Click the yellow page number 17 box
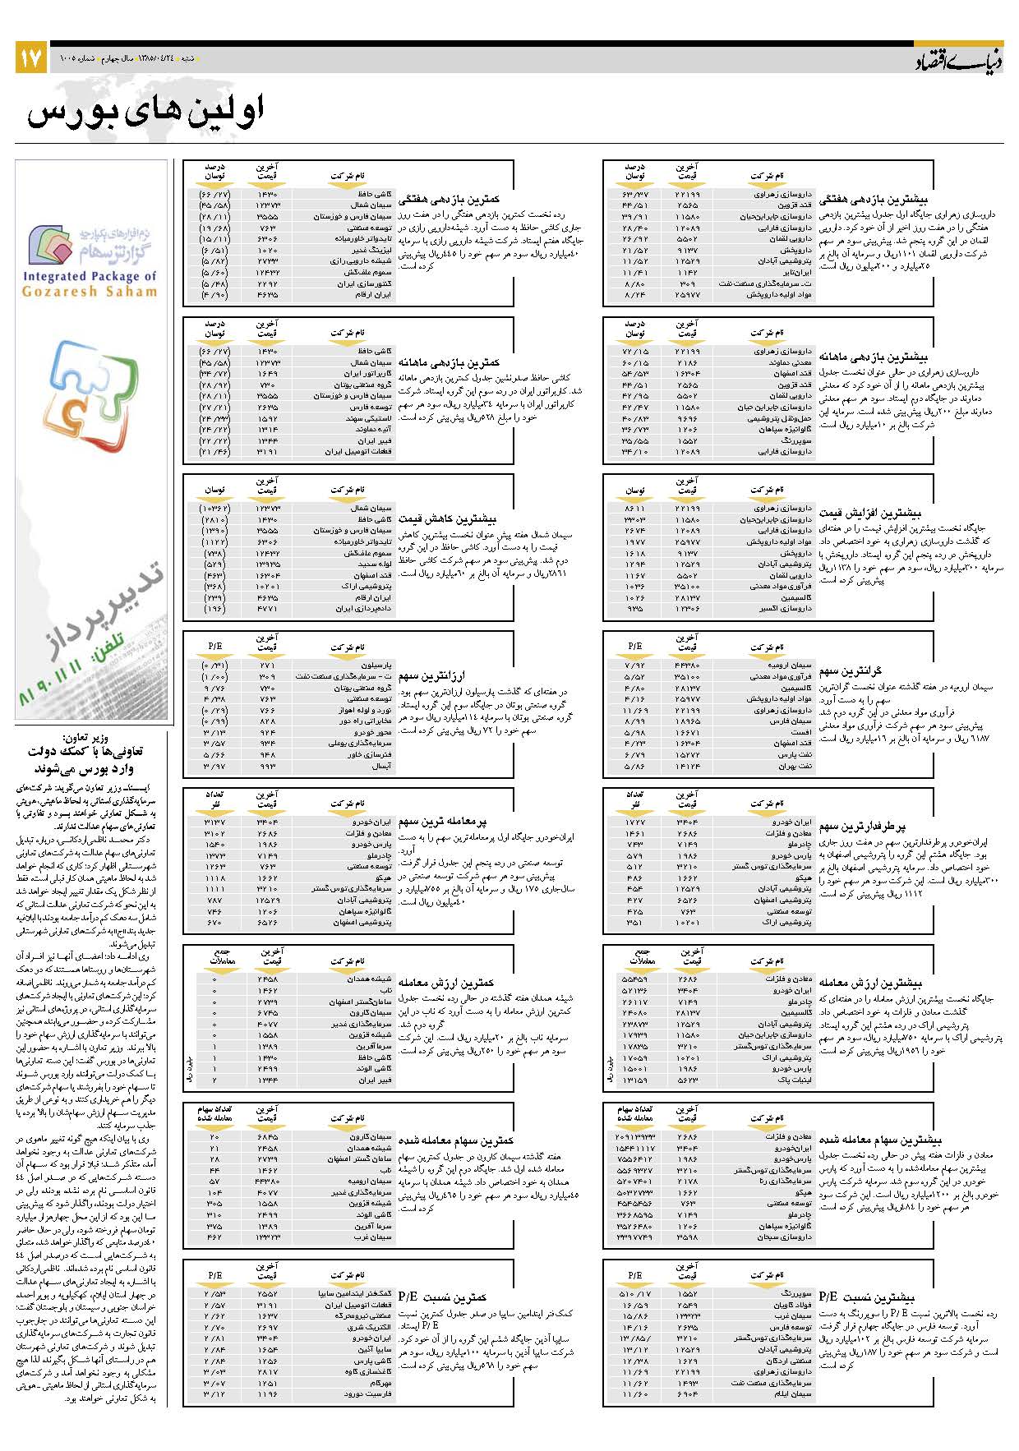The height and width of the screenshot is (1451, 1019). (30, 58)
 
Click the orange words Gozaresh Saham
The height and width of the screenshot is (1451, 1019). (90, 292)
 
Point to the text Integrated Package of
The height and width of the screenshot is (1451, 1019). (90, 277)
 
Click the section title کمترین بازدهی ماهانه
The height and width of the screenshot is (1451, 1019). (450, 362)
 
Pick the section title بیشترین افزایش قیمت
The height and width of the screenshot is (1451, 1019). (870, 513)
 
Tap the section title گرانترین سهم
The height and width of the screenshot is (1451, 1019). (850, 671)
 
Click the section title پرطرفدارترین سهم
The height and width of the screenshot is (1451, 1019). (862, 827)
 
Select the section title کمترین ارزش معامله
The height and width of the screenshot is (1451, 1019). (446, 983)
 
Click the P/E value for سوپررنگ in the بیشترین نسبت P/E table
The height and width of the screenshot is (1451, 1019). (634, 1293)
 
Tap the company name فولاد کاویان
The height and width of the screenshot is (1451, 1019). (792, 1305)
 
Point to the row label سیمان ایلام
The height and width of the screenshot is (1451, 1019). (793, 1393)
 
